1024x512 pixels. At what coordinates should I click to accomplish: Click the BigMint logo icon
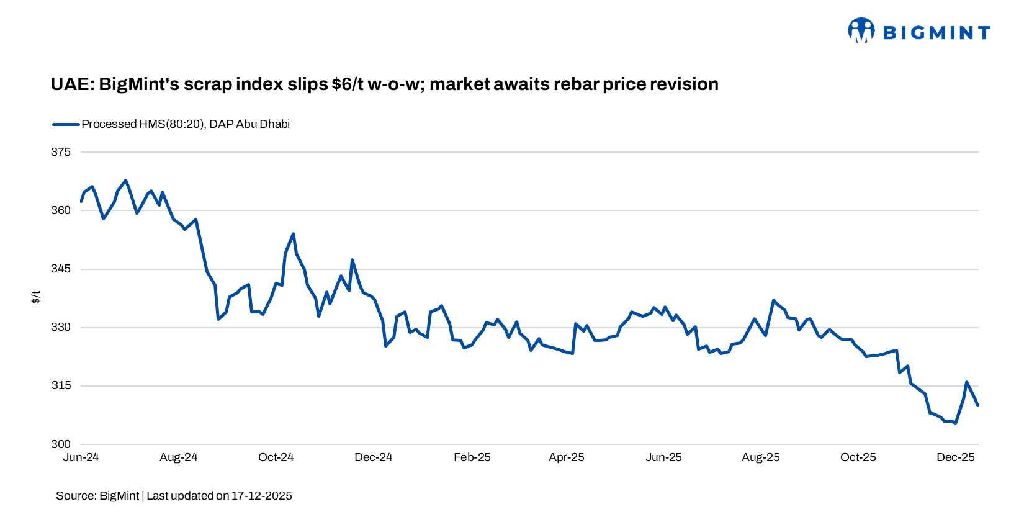point(861,30)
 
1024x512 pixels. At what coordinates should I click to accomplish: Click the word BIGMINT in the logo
point(936,33)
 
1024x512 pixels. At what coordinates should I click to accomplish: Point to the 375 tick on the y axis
point(61,152)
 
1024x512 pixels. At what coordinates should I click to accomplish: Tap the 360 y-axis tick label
point(61,210)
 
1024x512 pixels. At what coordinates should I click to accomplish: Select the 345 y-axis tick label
point(61,269)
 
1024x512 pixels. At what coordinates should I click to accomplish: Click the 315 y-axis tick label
point(61,385)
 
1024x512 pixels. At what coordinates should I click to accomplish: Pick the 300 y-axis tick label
point(61,444)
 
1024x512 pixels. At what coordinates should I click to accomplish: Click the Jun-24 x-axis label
point(81,457)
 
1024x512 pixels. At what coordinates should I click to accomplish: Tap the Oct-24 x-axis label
point(276,457)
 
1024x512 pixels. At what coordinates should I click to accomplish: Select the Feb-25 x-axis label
point(472,457)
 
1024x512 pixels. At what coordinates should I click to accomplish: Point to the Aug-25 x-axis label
point(761,457)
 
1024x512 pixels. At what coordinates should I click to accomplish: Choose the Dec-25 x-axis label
point(956,457)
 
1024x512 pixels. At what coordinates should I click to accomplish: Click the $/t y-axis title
point(36,297)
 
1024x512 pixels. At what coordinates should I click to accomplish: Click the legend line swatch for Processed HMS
point(66,124)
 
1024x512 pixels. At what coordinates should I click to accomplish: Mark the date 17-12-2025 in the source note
point(261,496)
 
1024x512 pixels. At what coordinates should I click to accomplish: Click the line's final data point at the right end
point(978,405)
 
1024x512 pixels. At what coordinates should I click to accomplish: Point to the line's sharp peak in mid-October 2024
point(293,234)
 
